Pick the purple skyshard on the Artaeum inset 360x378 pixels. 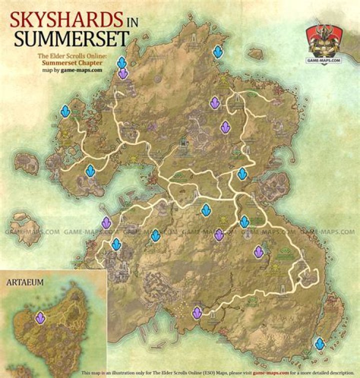tap(40, 316)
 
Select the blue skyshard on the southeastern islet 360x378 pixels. tap(319, 343)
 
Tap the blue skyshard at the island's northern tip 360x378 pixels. tap(217, 51)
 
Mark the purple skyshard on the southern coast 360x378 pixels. tap(197, 312)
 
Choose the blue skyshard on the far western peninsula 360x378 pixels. tap(65, 110)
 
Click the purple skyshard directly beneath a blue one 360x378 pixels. tap(122, 73)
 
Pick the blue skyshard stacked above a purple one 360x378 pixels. tap(121, 62)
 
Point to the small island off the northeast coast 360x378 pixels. tap(255, 53)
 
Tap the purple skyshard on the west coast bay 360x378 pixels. tap(106, 222)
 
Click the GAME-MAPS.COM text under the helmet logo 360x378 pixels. tap(324, 59)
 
